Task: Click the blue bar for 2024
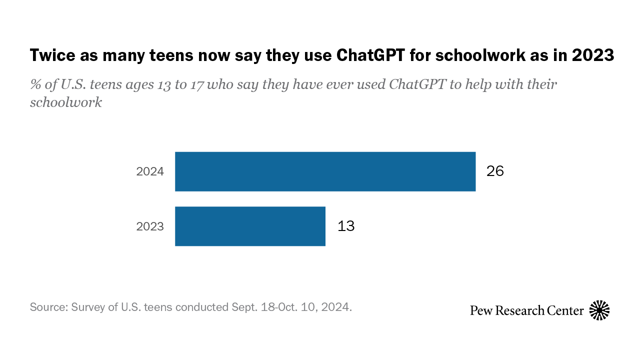325,171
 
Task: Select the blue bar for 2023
250,226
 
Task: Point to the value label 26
495,171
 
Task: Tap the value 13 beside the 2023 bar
346,226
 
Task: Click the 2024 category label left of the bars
150,171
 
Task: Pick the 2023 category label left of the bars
150,226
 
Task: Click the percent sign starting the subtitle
35,84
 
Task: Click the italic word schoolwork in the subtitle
66,102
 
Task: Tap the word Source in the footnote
47,306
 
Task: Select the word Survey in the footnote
88,306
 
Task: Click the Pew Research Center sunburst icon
599,310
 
